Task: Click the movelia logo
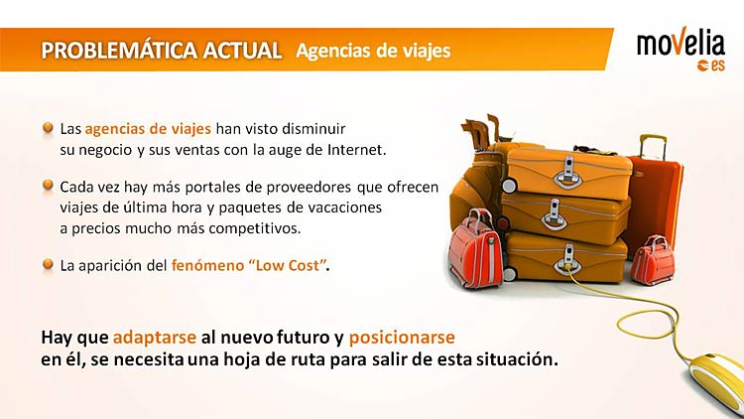[x=681, y=51]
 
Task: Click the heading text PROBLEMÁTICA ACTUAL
[x=162, y=51]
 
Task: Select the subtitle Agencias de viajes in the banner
[x=373, y=51]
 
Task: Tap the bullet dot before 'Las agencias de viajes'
[x=48, y=128]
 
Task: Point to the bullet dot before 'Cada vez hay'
[x=48, y=186]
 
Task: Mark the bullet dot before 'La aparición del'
[x=48, y=264]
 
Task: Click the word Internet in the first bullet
[x=357, y=150]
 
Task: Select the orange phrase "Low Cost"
[x=288, y=265]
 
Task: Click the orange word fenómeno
[x=207, y=265]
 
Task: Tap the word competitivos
[x=255, y=228]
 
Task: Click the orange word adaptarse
[x=155, y=338]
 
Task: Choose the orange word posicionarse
[x=402, y=338]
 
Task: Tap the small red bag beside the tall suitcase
[x=653, y=260]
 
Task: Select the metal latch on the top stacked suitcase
[x=566, y=172]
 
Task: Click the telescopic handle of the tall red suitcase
[x=653, y=146]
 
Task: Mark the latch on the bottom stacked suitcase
[x=568, y=259]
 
